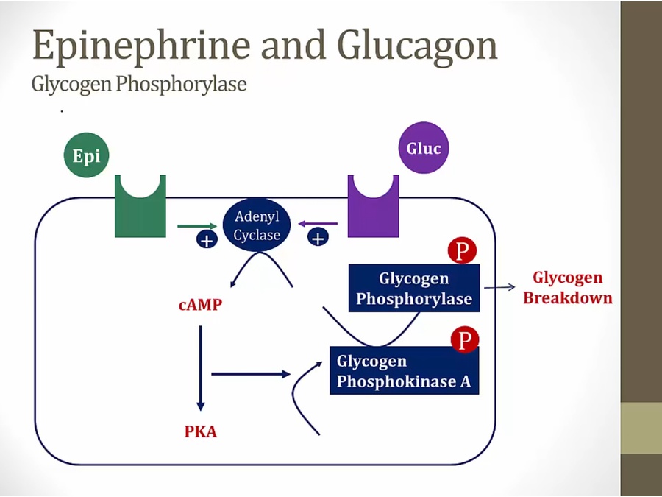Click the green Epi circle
click(86, 155)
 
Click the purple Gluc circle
click(424, 148)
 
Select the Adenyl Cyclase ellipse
click(257, 225)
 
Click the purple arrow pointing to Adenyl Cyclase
click(318, 223)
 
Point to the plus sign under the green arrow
click(207, 239)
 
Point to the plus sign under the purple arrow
click(318, 237)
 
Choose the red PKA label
click(200, 431)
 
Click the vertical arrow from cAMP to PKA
click(200, 368)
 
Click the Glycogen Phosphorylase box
click(413, 289)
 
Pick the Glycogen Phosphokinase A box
click(404, 371)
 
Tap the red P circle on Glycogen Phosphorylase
click(462, 251)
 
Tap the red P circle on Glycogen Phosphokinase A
click(463, 340)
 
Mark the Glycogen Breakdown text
click(567, 288)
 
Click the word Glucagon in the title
click(417, 45)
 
